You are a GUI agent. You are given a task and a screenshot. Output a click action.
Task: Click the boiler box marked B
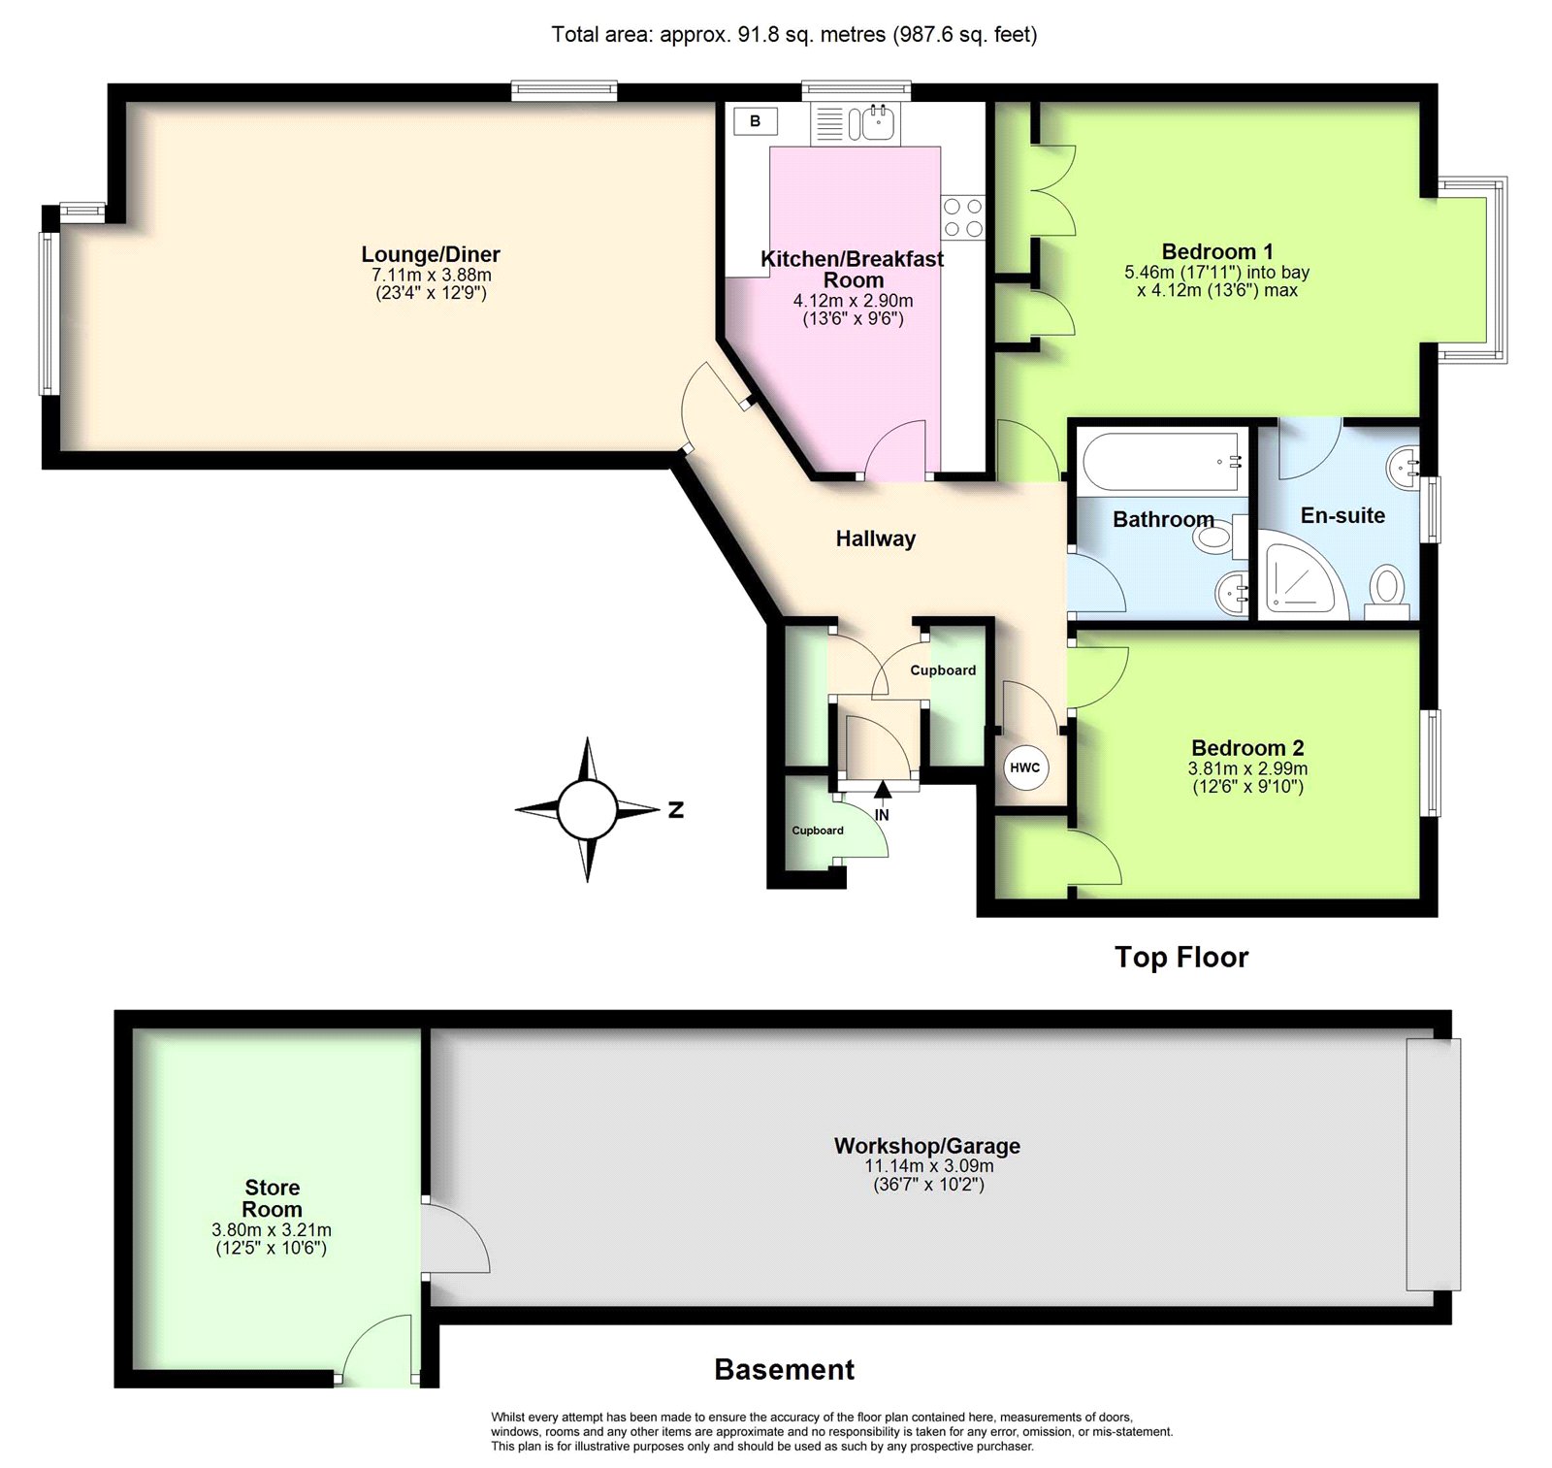pyautogui.click(x=755, y=121)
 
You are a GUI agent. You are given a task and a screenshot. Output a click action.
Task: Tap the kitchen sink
pyautogui.click(x=855, y=123)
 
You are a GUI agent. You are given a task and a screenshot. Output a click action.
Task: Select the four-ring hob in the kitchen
pyautogui.click(x=962, y=217)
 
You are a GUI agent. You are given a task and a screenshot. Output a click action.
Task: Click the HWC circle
pyautogui.click(x=1025, y=767)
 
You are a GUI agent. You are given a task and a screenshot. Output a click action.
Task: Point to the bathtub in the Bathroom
pyautogui.click(x=1162, y=461)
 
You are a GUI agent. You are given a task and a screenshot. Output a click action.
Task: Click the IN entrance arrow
pyautogui.click(x=882, y=791)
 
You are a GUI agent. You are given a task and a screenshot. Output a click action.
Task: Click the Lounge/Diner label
pyautogui.click(x=431, y=254)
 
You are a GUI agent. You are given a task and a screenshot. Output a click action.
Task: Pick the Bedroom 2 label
pyautogui.click(x=1247, y=748)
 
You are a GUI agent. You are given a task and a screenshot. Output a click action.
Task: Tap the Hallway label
pyautogui.click(x=876, y=539)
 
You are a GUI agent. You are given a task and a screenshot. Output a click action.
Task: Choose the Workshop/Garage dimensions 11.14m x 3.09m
pyautogui.click(x=929, y=1166)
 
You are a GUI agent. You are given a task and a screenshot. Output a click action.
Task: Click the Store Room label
pyautogui.click(x=273, y=1198)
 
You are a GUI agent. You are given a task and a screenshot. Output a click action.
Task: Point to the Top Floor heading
pyautogui.click(x=1181, y=958)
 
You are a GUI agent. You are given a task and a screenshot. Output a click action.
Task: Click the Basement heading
pyautogui.click(x=785, y=1370)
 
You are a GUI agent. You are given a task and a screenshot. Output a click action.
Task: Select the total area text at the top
pyautogui.click(x=794, y=35)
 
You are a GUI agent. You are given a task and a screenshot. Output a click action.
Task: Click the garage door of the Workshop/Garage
pyautogui.click(x=1434, y=1164)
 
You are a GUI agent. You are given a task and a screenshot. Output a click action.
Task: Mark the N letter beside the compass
pyautogui.click(x=676, y=810)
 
